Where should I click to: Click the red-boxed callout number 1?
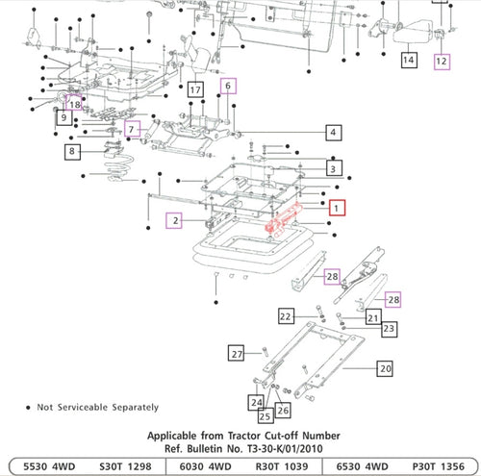point(335,207)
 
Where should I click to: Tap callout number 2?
point(174,220)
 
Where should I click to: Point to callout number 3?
point(332,168)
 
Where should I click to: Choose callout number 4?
point(332,132)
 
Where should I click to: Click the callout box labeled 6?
point(228,86)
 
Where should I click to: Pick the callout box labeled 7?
point(134,128)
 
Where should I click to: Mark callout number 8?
point(72,150)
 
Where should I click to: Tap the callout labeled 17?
point(195,89)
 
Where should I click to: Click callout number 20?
point(384,368)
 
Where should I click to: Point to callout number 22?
point(285,315)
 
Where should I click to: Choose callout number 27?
point(235,355)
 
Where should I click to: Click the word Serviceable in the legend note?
point(92,408)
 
